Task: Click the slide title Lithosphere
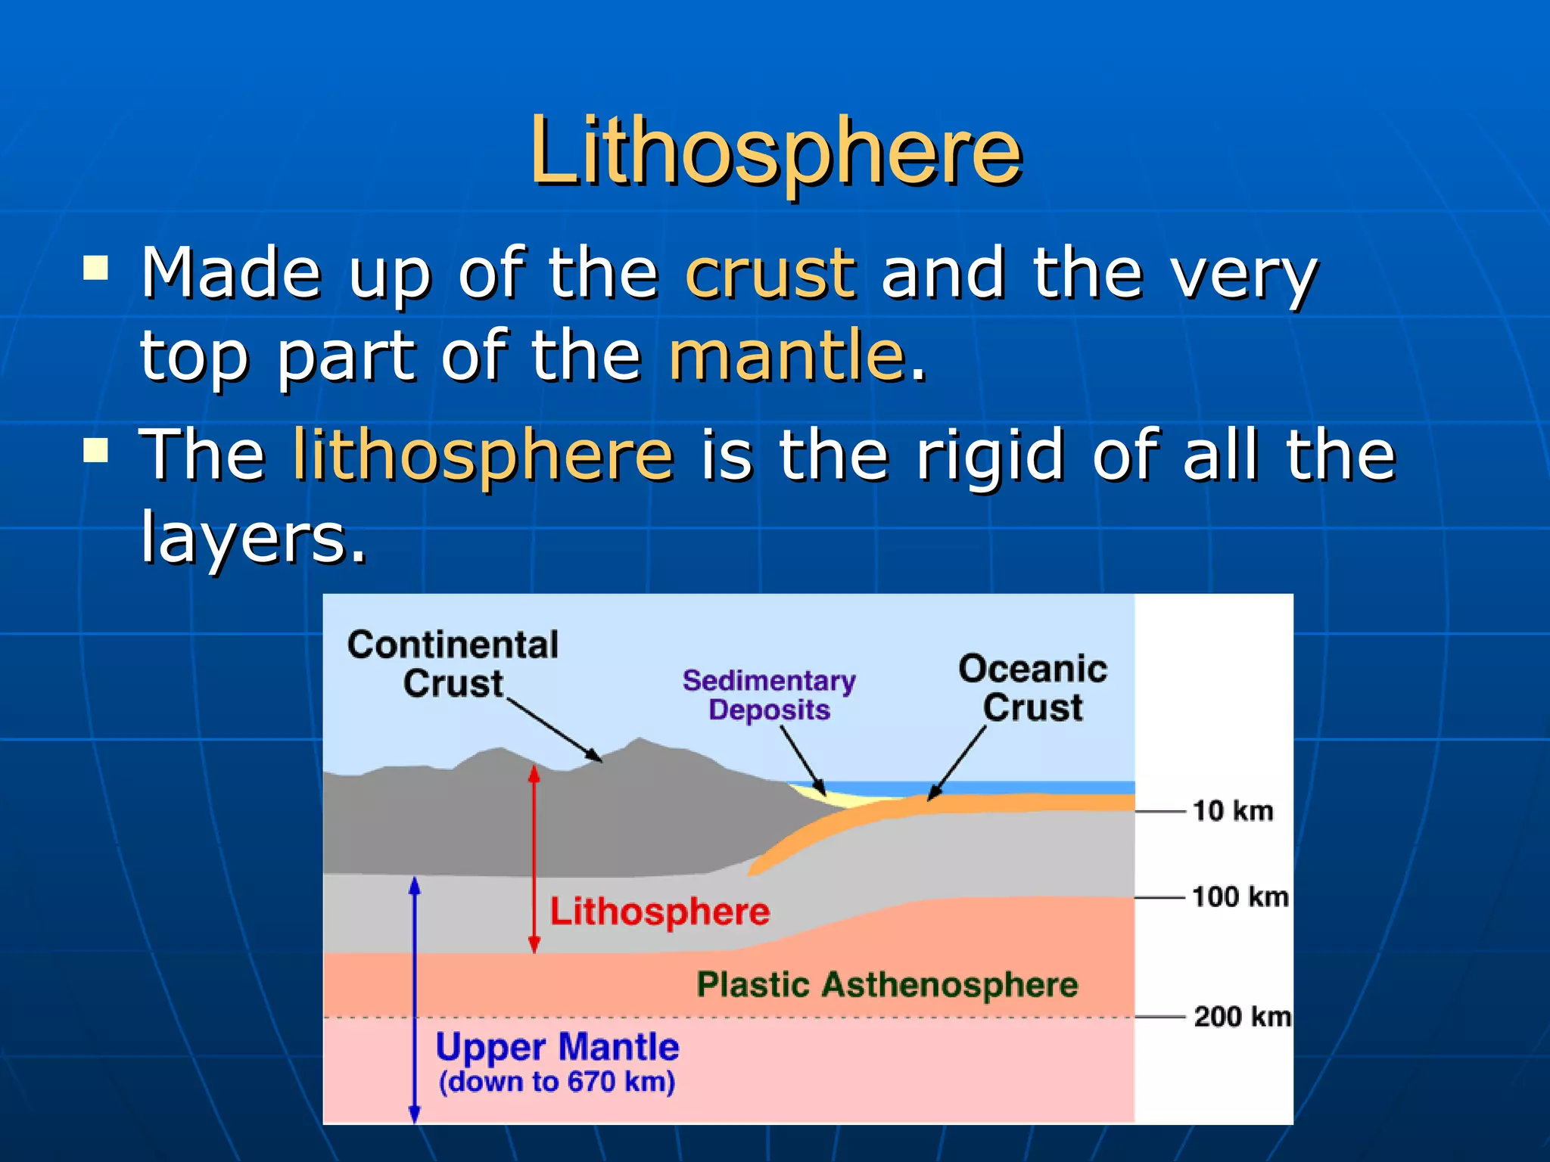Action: [x=775, y=151]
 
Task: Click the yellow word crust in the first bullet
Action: [x=770, y=274]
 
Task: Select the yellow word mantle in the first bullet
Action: [x=787, y=356]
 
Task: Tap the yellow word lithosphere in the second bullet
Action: [x=482, y=455]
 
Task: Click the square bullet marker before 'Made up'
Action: [x=96, y=268]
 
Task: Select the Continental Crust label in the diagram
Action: [x=453, y=663]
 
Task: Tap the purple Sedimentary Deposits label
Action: [x=769, y=694]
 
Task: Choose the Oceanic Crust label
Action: [x=1032, y=687]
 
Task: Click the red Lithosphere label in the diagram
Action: [x=659, y=911]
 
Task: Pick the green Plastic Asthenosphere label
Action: [x=887, y=984]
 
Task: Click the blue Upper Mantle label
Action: [x=557, y=1048]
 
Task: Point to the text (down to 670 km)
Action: [x=557, y=1082]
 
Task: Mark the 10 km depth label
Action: [x=1232, y=811]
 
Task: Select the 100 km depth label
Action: [x=1240, y=897]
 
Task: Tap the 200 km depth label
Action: [x=1241, y=1016]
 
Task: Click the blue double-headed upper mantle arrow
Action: [x=415, y=999]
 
